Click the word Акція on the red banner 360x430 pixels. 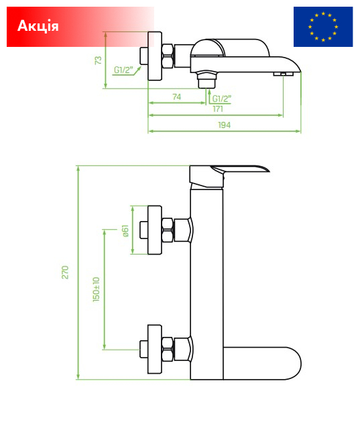(x=38, y=26)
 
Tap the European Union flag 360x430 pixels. (x=323, y=27)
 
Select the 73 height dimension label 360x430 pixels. (x=98, y=60)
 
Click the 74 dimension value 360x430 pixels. (x=177, y=97)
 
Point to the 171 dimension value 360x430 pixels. (x=218, y=109)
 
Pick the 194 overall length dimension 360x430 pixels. (x=224, y=125)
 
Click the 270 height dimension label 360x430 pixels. (x=65, y=273)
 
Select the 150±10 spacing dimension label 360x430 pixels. (x=97, y=289)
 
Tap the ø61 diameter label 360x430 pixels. (x=125, y=231)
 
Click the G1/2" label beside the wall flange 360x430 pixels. (x=123, y=70)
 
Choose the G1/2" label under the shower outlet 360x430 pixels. (x=222, y=98)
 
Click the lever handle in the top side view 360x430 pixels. (x=230, y=48)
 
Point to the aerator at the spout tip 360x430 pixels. (x=283, y=74)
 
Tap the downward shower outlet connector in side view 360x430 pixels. (x=206, y=80)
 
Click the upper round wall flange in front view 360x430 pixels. (x=154, y=230)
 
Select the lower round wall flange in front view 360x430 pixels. (x=154, y=349)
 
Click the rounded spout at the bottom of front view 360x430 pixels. (x=262, y=364)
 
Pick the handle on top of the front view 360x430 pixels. (x=229, y=176)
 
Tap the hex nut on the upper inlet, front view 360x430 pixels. (x=168, y=230)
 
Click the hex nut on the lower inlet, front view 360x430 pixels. (x=168, y=349)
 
